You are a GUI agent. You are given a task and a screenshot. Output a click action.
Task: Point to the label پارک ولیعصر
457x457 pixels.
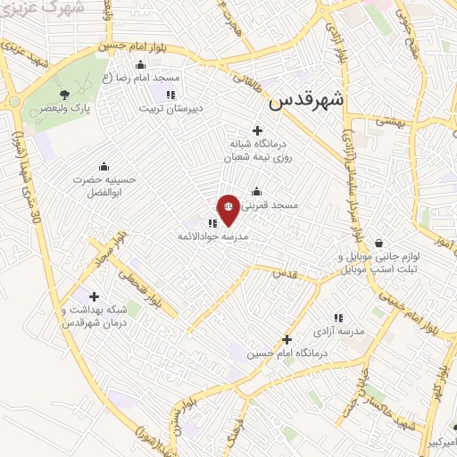coord(71,109)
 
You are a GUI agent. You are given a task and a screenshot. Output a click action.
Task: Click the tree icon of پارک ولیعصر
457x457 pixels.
coord(64,94)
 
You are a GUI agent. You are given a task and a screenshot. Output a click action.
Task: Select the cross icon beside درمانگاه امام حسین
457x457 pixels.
coord(287,339)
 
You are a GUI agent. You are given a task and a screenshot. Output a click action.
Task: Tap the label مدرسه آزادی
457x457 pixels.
coord(345,331)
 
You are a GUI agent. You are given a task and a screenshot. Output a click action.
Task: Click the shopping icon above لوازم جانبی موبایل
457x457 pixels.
coord(379,243)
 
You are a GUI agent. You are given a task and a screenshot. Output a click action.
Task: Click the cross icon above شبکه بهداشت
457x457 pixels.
coord(95,296)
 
